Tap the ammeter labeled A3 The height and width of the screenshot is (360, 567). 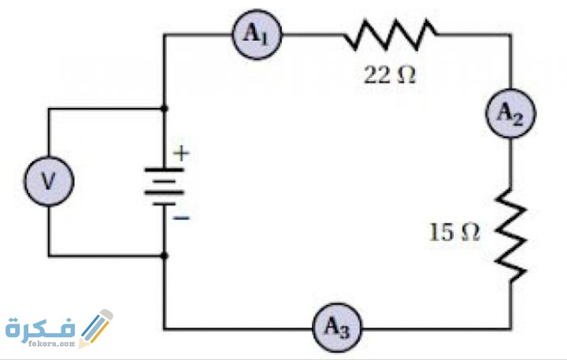tap(336, 326)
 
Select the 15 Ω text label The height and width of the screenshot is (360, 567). tap(454, 232)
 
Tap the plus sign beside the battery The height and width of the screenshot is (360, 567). tap(182, 154)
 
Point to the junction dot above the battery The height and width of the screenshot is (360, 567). tap(164, 108)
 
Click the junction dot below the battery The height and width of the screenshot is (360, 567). tap(164, 255)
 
